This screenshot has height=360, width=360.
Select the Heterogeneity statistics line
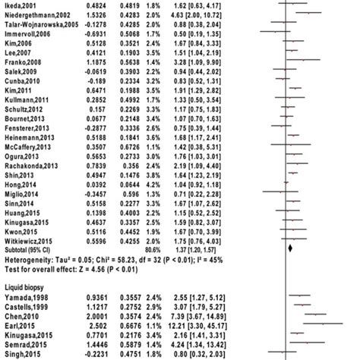click(99, 257)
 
